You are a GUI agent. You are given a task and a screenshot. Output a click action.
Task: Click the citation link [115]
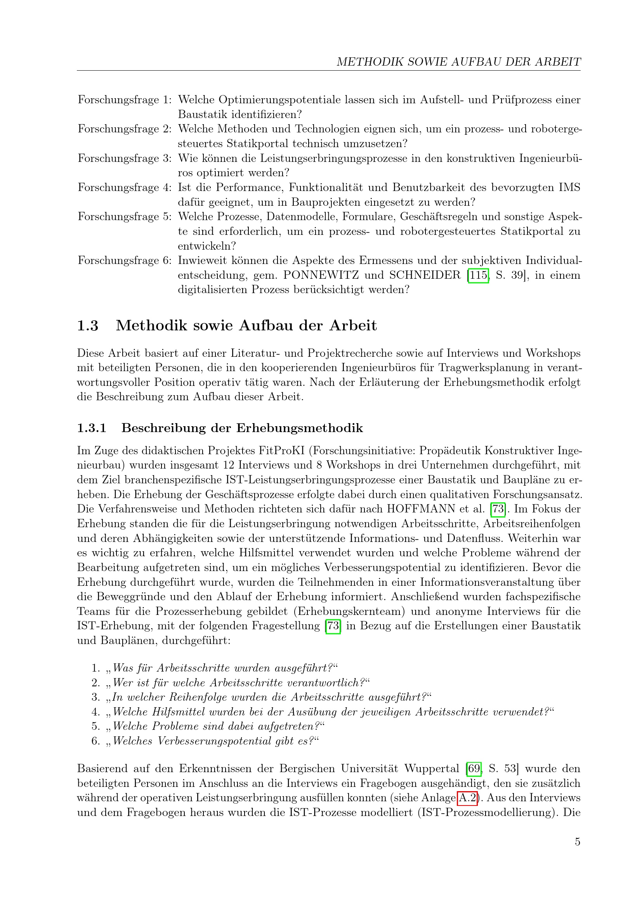[x=478, y=275]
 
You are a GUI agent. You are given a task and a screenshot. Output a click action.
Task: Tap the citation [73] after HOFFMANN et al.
[x=498, y=509]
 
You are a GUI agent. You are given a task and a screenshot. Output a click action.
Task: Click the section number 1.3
[x=87, y=325]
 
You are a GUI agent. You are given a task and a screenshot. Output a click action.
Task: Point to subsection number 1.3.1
[x=92, y=428]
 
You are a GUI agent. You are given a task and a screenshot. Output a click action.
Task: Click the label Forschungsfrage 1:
[x=125, y=100]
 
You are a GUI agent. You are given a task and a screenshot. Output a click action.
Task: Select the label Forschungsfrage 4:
[x=125, y=188]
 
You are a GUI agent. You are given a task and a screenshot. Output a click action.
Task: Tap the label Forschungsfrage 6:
[x=125, y=260]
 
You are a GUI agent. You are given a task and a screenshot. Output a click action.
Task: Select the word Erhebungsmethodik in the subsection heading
[x=300, y=428]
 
